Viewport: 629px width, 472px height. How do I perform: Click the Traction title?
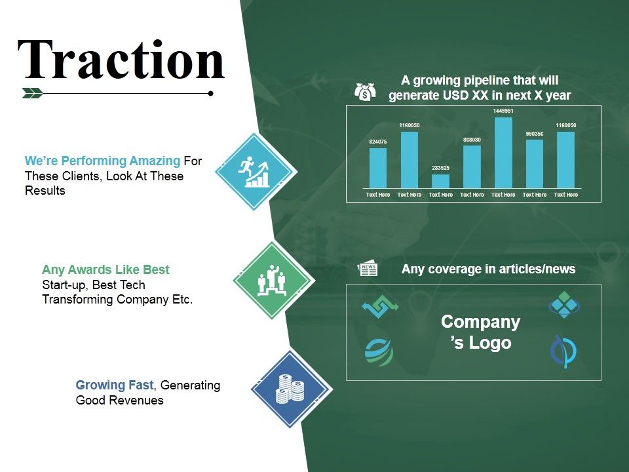tap(121, 60)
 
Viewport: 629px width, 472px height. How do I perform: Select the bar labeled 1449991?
tap(503, 153)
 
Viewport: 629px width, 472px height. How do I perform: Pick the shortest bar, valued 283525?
tap(440, 181)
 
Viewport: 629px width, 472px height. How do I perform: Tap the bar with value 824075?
tap(378, 168)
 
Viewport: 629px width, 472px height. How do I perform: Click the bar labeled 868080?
tap(472, 167)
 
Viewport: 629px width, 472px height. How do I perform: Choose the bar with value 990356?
tap(535, 164)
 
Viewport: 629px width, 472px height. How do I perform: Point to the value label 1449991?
tap(503, 111)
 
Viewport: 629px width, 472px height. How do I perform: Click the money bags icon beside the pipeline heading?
tap(365, 91)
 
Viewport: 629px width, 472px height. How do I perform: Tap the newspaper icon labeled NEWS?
tap(368, 269)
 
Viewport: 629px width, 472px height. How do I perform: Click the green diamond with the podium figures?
tap(273, 280)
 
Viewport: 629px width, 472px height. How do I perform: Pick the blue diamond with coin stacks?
tap(290, 388)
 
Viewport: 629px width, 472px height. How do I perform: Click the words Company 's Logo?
tap(480, 332)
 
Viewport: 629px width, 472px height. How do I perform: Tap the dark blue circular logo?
tap(563, 351)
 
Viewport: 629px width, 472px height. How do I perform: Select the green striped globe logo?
tap(379, 351)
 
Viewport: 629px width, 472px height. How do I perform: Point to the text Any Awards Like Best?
tap(105, 269)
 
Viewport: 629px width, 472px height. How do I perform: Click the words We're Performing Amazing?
tap(102, 161)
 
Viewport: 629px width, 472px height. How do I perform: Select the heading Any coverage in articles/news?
tap(488, 269)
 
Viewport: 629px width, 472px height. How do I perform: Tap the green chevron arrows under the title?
tap(32, 93)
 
